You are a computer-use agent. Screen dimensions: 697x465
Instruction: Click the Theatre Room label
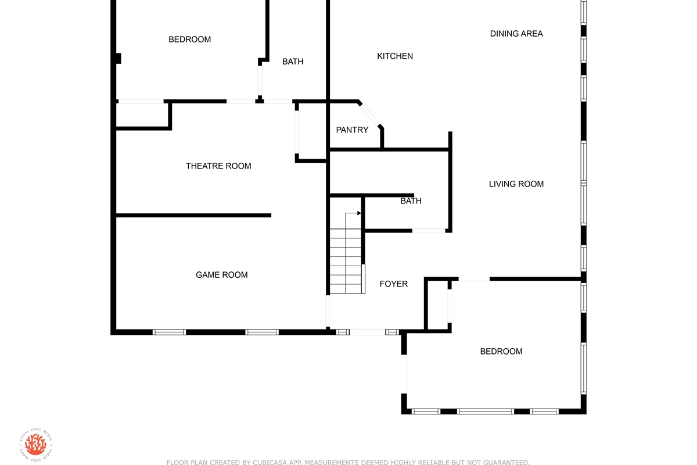[218, 166]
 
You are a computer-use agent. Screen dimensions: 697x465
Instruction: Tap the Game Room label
[221, 275]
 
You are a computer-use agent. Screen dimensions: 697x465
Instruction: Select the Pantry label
[352, 130]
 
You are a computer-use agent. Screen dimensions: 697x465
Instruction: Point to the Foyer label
[394, 284]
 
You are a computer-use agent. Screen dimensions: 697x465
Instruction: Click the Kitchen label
[395, 56]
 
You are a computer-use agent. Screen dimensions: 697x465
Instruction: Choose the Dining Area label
[516, 34]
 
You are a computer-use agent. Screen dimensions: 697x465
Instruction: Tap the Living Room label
[516, 184]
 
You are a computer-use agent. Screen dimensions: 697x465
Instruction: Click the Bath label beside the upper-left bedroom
[293, 62]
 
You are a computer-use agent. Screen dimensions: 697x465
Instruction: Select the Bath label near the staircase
[411, 201]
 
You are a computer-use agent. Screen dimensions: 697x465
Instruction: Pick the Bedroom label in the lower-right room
[501, 351]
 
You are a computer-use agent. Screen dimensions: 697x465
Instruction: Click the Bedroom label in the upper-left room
[189, 40]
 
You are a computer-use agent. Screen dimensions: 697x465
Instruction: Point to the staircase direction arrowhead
[359, 213]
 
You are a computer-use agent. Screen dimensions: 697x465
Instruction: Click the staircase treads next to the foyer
[346, 261]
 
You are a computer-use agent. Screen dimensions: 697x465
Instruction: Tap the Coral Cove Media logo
[35, 445]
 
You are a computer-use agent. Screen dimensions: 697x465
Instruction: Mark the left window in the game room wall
[169, 332]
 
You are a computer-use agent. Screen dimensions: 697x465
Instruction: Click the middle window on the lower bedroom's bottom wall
[486, 412]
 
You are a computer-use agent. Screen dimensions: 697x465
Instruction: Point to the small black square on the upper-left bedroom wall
[118, 59]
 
